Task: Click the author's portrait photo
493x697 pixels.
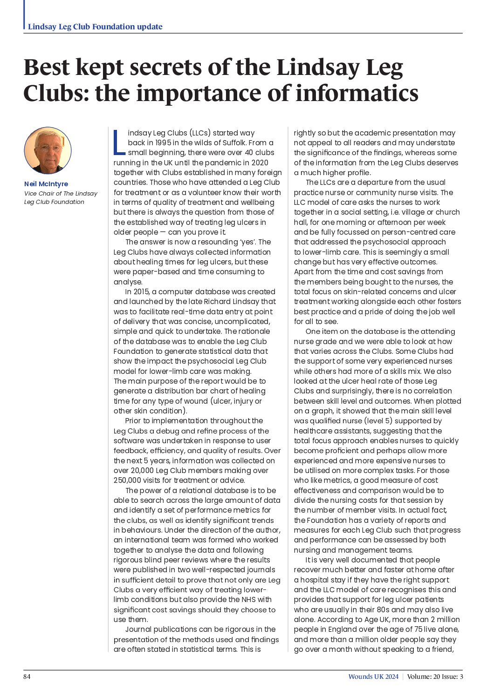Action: tap(48, 150)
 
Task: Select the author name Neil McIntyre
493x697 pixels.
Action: tap(46, 184)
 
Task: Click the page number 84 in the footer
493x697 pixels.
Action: tap(27, 677)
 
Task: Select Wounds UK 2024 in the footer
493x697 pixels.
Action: tap(373, 677)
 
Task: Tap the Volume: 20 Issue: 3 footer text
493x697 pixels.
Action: tap(435, 677)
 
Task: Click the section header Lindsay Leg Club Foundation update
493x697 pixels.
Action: tap(95, 27)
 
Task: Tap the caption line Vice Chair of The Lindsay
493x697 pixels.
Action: tap(61, 194)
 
